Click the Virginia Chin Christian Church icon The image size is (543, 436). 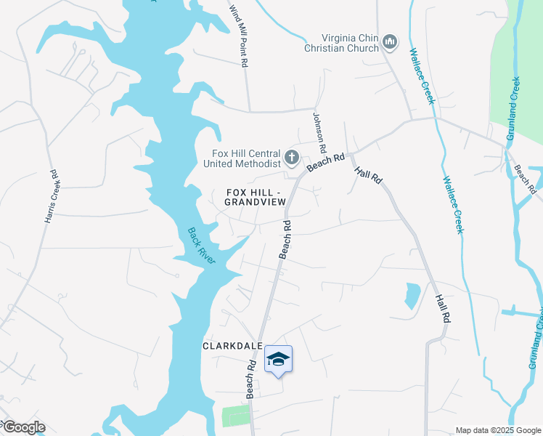tap(390, 42)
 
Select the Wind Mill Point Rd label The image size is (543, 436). tap(239, 36)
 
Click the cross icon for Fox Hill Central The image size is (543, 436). tap(291, 157)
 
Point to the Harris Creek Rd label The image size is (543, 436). tap(50, 196)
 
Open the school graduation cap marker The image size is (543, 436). tap(278, 360)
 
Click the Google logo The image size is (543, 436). tap(23, 427)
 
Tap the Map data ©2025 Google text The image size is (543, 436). tap(497, 430)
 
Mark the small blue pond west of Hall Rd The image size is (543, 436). tap(412, 295)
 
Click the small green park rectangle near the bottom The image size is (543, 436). tap(235, 416)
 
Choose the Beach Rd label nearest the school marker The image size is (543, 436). tap(251, 379)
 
